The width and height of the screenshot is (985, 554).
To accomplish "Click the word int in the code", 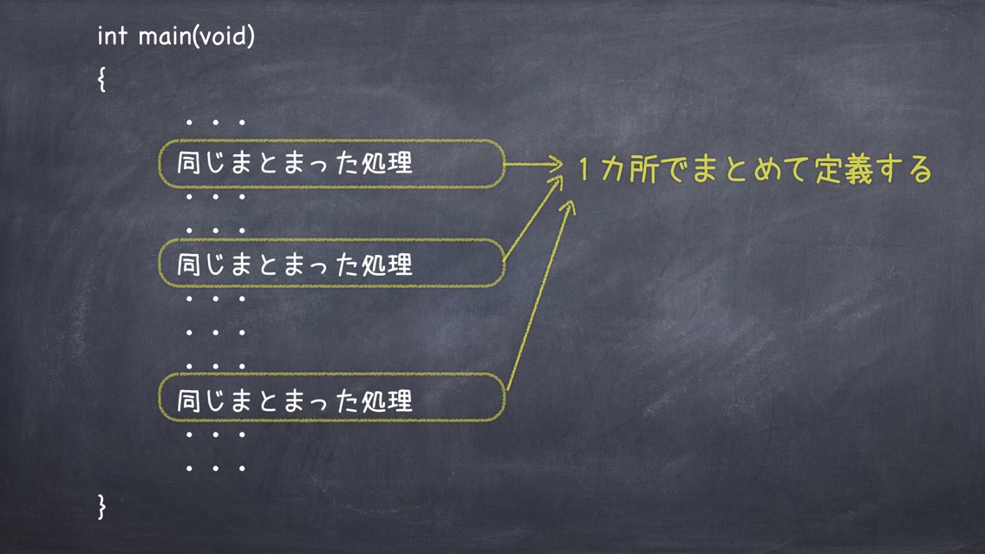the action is pos(112,36).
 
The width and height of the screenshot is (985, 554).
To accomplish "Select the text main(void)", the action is pos(197,36).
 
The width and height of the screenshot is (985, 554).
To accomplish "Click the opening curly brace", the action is pos(101,79).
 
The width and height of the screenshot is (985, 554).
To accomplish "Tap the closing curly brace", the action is pos(101,506).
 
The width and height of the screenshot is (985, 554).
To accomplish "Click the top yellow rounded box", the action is pos(332,140).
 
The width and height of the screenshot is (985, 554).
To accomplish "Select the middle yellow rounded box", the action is pos(332,240).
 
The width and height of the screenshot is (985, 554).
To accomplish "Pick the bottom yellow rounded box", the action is pos(332,375).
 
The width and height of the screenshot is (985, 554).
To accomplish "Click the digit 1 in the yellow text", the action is pos(584,169).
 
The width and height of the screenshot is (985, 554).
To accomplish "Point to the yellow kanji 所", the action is pos(644,170).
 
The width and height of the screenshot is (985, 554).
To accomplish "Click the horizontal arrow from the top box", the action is pos(533,165).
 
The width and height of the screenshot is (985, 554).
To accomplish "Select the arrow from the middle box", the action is pos(533,218).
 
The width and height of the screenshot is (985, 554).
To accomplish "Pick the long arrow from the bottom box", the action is pos(540,296).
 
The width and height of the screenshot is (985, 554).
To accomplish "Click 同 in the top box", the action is pos(188,163).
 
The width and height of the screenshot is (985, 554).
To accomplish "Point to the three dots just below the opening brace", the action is pos(215,122).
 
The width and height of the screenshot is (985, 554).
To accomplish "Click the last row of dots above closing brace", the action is pos(215,468).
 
